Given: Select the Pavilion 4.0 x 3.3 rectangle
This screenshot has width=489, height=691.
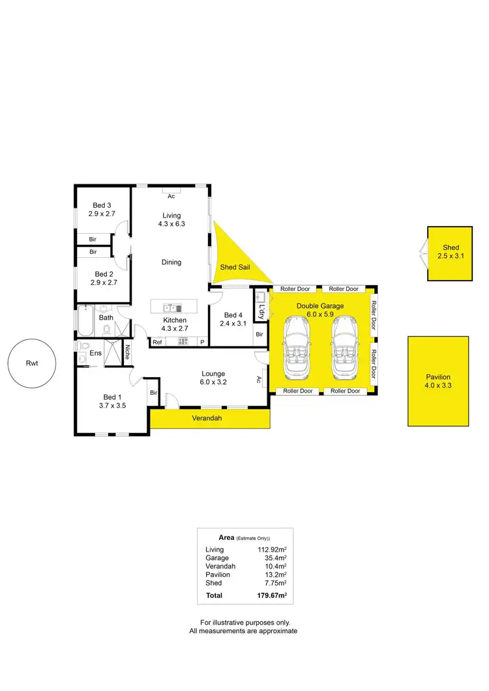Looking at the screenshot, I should click(438, 381).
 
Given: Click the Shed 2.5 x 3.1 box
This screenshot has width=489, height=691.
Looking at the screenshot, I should click(451, 253).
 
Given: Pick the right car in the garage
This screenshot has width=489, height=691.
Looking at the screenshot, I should click(345, 348).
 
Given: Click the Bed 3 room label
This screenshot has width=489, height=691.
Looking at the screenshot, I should click(101, 205).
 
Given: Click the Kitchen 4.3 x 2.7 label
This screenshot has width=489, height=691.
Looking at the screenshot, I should click(175, 320).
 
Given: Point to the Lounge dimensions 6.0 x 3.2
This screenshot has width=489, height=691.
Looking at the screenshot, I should click(213, 382).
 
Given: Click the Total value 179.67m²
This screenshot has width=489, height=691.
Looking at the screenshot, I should click(273, 595).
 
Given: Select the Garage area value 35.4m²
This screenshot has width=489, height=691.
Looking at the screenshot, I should click(274, 558).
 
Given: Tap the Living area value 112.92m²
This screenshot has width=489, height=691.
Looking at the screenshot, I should click(273, 550).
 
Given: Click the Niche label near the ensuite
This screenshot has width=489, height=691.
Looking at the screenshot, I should click(127, 352).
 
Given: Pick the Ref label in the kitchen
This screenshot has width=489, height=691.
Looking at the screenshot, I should click(157, 342).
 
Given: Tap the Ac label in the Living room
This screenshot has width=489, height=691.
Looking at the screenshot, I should click(171, 196).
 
